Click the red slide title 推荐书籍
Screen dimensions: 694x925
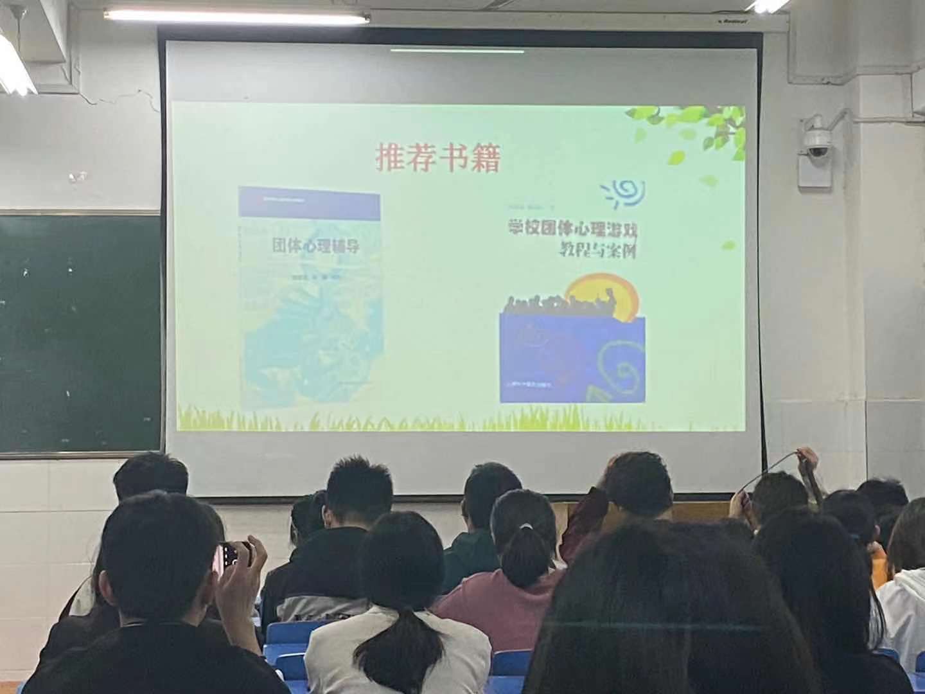437,158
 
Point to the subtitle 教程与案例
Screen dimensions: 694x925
598,251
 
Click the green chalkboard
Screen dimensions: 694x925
77,334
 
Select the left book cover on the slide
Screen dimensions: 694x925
310,299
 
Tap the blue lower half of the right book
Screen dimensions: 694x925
572,360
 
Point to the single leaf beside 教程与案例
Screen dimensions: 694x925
728,244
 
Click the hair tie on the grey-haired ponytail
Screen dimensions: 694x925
526,527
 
